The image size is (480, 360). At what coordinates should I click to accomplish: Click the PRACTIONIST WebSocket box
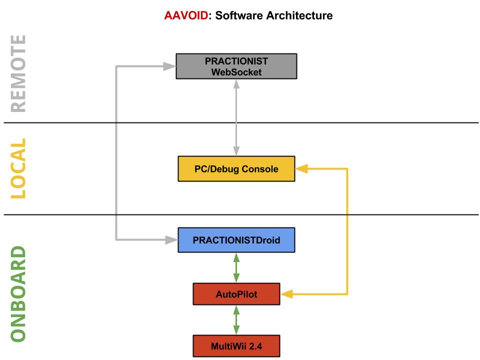click(x=236, y=66)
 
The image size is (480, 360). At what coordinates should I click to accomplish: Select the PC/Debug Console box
click(x=236, y=169)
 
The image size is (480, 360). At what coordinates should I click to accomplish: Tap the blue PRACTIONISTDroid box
click(x=236, y=240)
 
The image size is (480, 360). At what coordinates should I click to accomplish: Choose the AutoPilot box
click(x=236, y=294)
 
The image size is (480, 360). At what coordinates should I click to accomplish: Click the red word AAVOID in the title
click(x=182, y=16)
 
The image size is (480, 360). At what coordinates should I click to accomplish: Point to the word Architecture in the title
click(x=302, y=16)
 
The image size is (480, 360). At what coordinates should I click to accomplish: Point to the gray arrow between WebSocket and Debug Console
click(x=236, y=117)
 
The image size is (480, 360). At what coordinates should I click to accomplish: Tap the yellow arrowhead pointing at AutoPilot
click(x=286, y=294)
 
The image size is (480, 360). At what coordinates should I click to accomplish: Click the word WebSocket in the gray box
click(x=236, y=72)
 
